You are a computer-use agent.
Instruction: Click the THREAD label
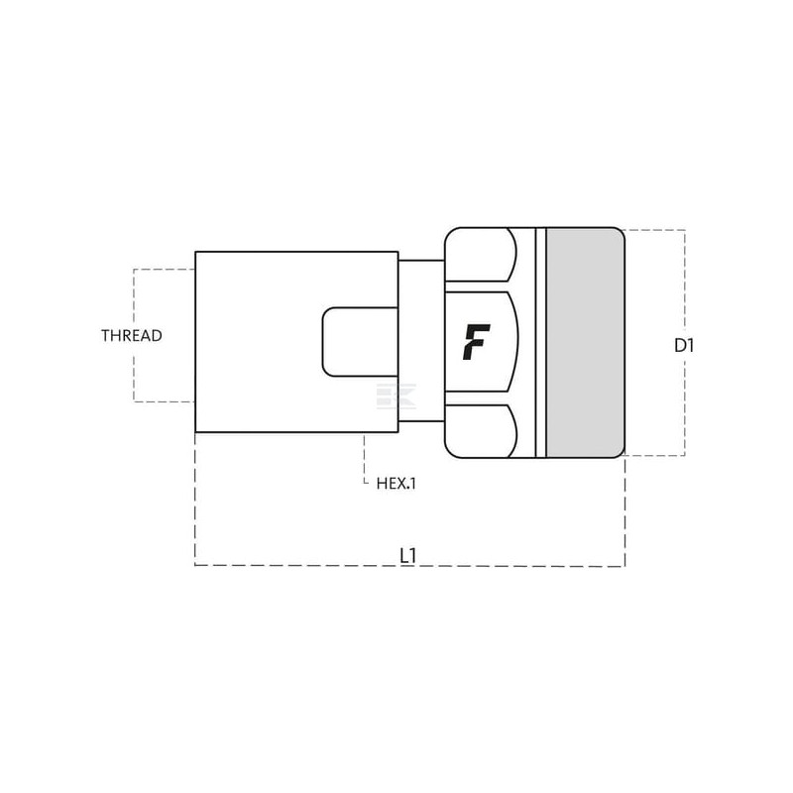pyautogui.click(x=132, y=335)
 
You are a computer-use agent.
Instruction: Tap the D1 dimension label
pyautogui.click(x=684, y=346)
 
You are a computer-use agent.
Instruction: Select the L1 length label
pyautogui.click(x=407, y=556)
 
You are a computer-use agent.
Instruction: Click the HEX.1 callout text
pyautogui.click(x=396, y=484)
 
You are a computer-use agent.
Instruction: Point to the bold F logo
pyautogui.click(x=476, y=342)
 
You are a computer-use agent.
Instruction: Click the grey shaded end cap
pyautogui.click(x=585, y=343)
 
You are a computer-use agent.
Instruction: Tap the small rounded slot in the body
pyautogui.click(x=361, y=342)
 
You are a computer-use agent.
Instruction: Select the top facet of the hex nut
pyautogui.click(x=481, y=255)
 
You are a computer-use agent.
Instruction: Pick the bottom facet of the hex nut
pyautogui.click(x=481, y=431)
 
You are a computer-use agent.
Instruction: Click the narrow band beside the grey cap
pyautogui.click(x=540, y=343)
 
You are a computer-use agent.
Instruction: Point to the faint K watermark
pyautogui.click(x=396, y=396)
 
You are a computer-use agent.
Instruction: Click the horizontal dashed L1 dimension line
pyautogui.click(x=410, y=565)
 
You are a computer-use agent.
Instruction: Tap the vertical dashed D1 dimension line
pyautogui.click(x=685, y=343)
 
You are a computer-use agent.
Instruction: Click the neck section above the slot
pyautogui.click(x=421, y=283)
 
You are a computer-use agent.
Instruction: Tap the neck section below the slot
pyautogui.click(x=421, y=398)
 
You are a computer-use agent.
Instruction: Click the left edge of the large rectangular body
pyautogui.click(x=195, y=342)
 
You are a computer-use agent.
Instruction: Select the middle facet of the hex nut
pyautogui.click(x=482, y=342)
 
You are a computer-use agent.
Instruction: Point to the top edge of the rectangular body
pyautogui.click(x=296, y=252)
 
